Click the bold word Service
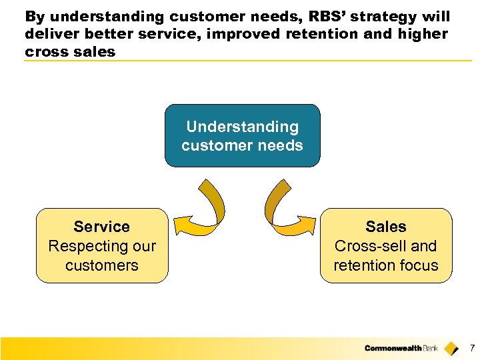(x=102, y=227)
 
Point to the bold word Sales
(x=385, y=227)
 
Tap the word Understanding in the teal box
(x=242, y=127)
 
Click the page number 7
(x=472, y=348)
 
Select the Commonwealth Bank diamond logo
(x=451, y=348)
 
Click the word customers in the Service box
(x=102, y=265)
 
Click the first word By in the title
(x=34, y=17)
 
